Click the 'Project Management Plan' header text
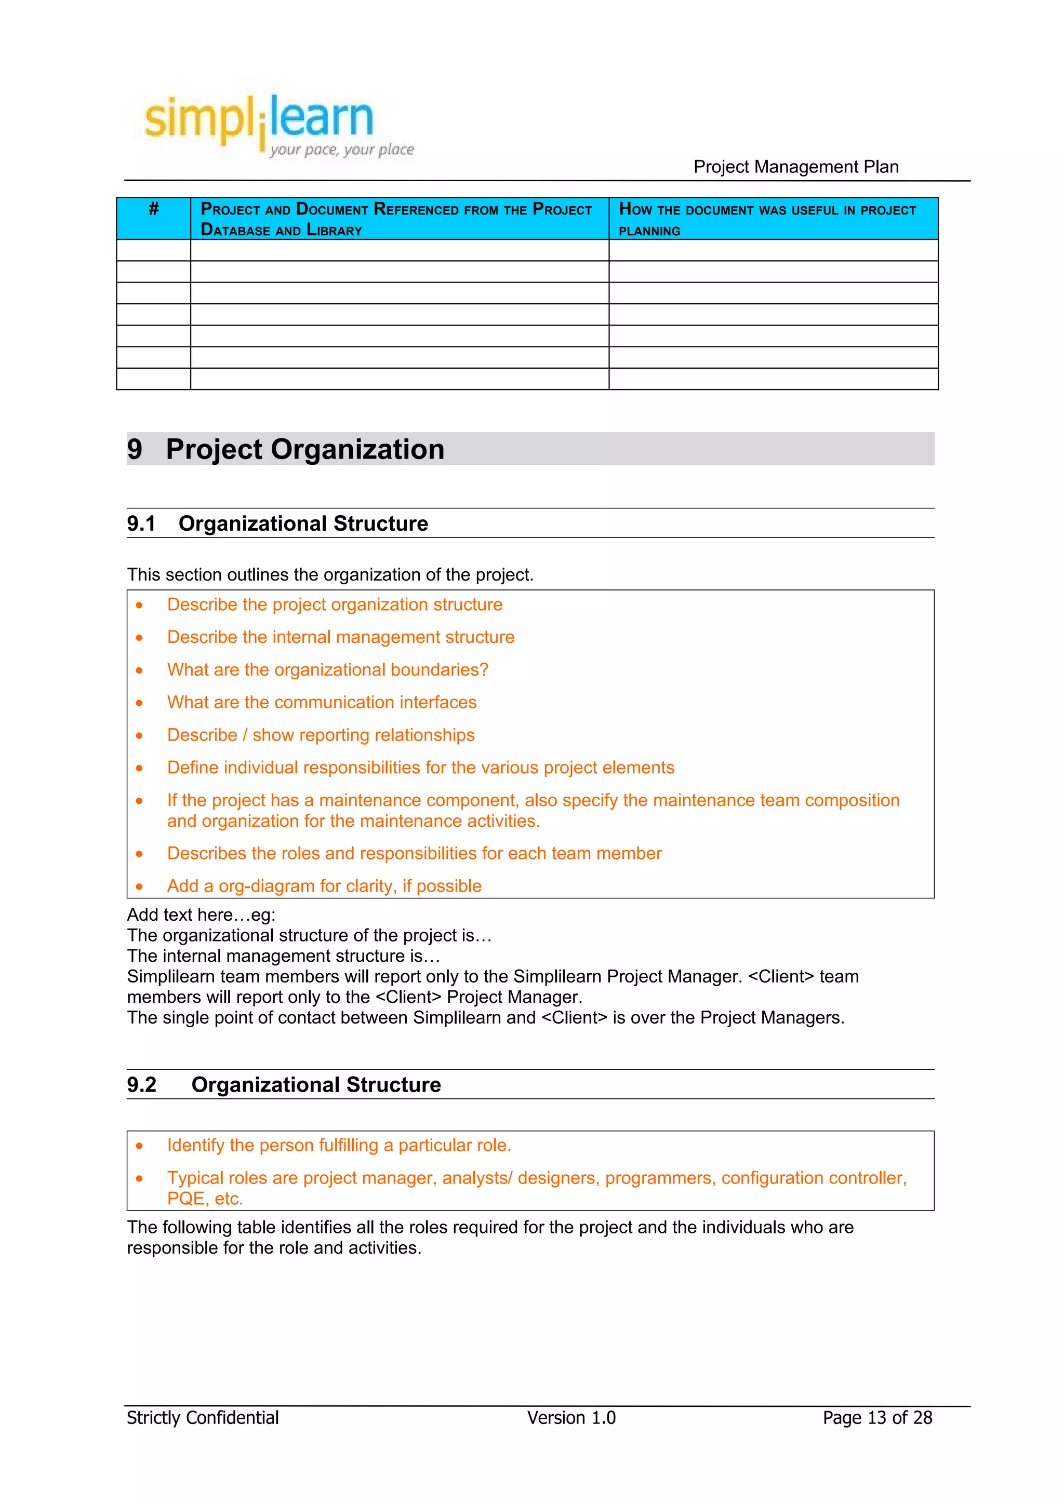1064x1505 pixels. tap(795, 167)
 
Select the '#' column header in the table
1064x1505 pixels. tap(153, 209)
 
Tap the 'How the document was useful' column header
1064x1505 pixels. tap(767, 219)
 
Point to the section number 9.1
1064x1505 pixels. tap(141, 523)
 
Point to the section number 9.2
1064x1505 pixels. tap(142, 1085)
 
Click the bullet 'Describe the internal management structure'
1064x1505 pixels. tap(340, 637)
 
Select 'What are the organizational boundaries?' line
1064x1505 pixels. tap(327, 670)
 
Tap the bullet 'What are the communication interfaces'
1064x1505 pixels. tap(321, 703)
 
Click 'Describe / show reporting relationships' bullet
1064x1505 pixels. tap(321, 735)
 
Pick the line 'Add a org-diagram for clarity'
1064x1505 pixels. tap(324, 886)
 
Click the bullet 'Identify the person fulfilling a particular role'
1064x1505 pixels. tap(338, 1145)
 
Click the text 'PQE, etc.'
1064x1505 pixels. tap(205, 1199)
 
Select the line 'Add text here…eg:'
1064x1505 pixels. tap(201, 915)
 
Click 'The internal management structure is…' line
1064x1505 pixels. tap(283, 957)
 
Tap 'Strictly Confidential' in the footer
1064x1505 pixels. tap(203, 1418)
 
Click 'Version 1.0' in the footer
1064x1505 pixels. tap(571, 1418)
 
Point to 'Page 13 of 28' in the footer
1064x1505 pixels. tap(876, 1418)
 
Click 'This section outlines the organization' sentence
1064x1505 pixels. tap(330, 575)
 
